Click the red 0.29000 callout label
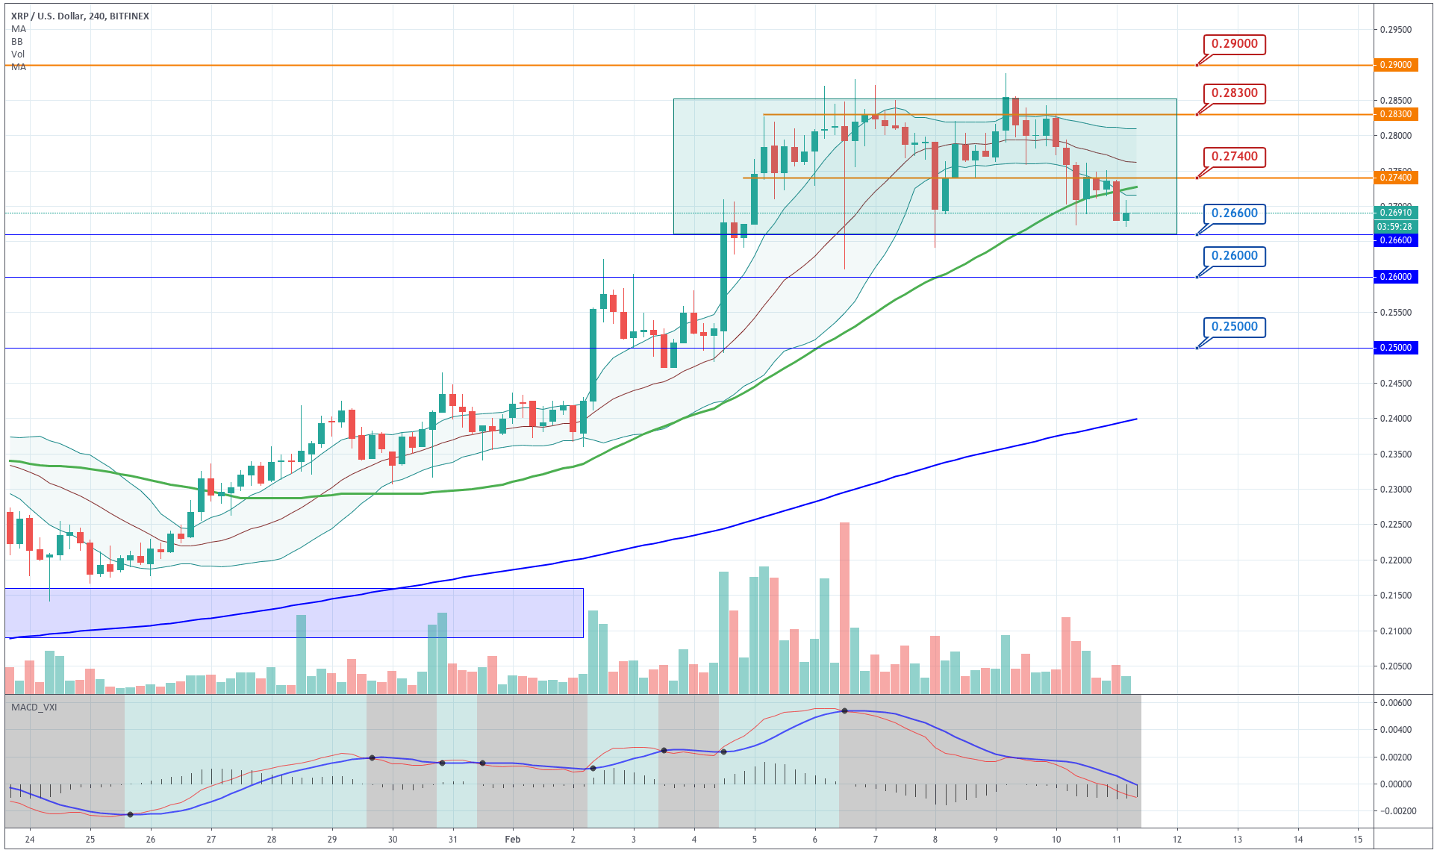point(1234,44)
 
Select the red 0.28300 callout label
point(1234,93)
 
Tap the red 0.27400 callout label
point(1234,157)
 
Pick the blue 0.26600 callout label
point(1234,213)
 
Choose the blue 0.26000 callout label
point(1234,256)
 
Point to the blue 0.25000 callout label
point(1234,327)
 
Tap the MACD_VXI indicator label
point(34,707)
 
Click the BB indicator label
point(17,42)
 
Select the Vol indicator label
point(18,54)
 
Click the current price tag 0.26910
point(1394,213)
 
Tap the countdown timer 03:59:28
point(1394,227)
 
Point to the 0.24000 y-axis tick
point(1395,419)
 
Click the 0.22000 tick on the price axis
point(1395,560)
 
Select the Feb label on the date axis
point(512,840)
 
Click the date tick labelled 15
point(1358,840)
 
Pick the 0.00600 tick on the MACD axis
point(1395,703)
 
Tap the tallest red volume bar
point(844,608)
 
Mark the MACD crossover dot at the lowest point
point(131,814)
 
